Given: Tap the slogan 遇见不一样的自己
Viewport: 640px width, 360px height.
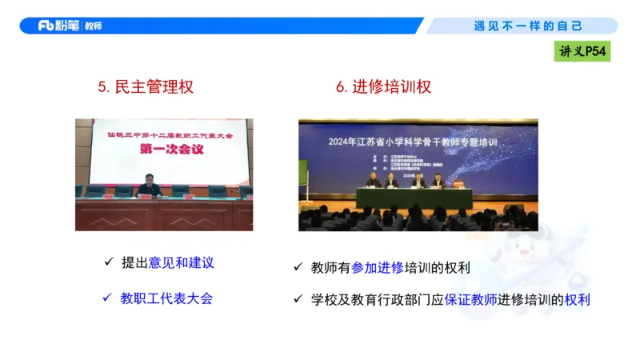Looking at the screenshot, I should (527, 26).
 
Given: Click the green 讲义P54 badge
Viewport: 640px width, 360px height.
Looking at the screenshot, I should (583, 52).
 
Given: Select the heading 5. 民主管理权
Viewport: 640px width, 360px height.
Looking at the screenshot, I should (146, 86).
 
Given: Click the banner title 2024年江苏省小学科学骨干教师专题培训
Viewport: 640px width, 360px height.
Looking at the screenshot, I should (418, 142).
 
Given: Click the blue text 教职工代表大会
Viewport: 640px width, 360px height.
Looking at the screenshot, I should (167, 298).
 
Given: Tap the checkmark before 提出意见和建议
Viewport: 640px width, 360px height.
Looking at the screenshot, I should (109, 262).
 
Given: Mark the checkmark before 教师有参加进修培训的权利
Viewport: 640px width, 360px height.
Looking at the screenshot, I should (298, 267).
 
